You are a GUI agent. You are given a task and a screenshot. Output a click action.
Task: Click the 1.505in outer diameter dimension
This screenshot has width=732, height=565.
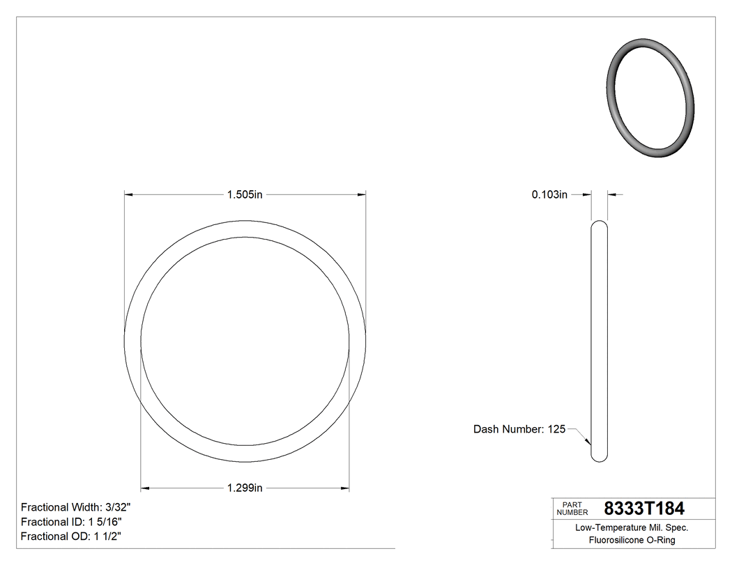pos(244,194)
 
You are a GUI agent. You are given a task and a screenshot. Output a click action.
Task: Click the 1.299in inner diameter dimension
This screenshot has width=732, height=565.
pos(244,488)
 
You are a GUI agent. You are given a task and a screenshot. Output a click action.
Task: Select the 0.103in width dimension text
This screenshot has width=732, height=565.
pos(549,195)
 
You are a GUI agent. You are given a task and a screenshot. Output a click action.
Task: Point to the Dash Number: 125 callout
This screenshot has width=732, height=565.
pos(519,429)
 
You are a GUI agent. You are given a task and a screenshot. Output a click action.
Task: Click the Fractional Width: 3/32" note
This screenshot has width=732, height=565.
pos(76,507)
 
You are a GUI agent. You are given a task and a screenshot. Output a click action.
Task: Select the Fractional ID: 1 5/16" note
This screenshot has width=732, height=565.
pos(73,522)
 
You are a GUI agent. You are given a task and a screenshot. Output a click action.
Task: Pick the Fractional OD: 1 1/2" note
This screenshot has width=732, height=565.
pos(73,536)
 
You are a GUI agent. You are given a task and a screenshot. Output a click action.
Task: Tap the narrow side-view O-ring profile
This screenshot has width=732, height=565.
pos(599,341)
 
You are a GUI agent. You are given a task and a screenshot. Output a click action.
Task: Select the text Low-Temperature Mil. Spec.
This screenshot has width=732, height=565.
pos(632,527)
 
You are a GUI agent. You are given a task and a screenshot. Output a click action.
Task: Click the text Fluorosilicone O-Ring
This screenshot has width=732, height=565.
pos(632,540)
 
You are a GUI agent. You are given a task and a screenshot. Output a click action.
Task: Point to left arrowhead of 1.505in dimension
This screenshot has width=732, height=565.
pos(129,194)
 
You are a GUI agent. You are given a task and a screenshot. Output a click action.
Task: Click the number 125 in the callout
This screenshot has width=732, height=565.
pos(556,429)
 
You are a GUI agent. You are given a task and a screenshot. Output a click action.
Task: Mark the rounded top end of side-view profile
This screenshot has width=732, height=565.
pos(599,224)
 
